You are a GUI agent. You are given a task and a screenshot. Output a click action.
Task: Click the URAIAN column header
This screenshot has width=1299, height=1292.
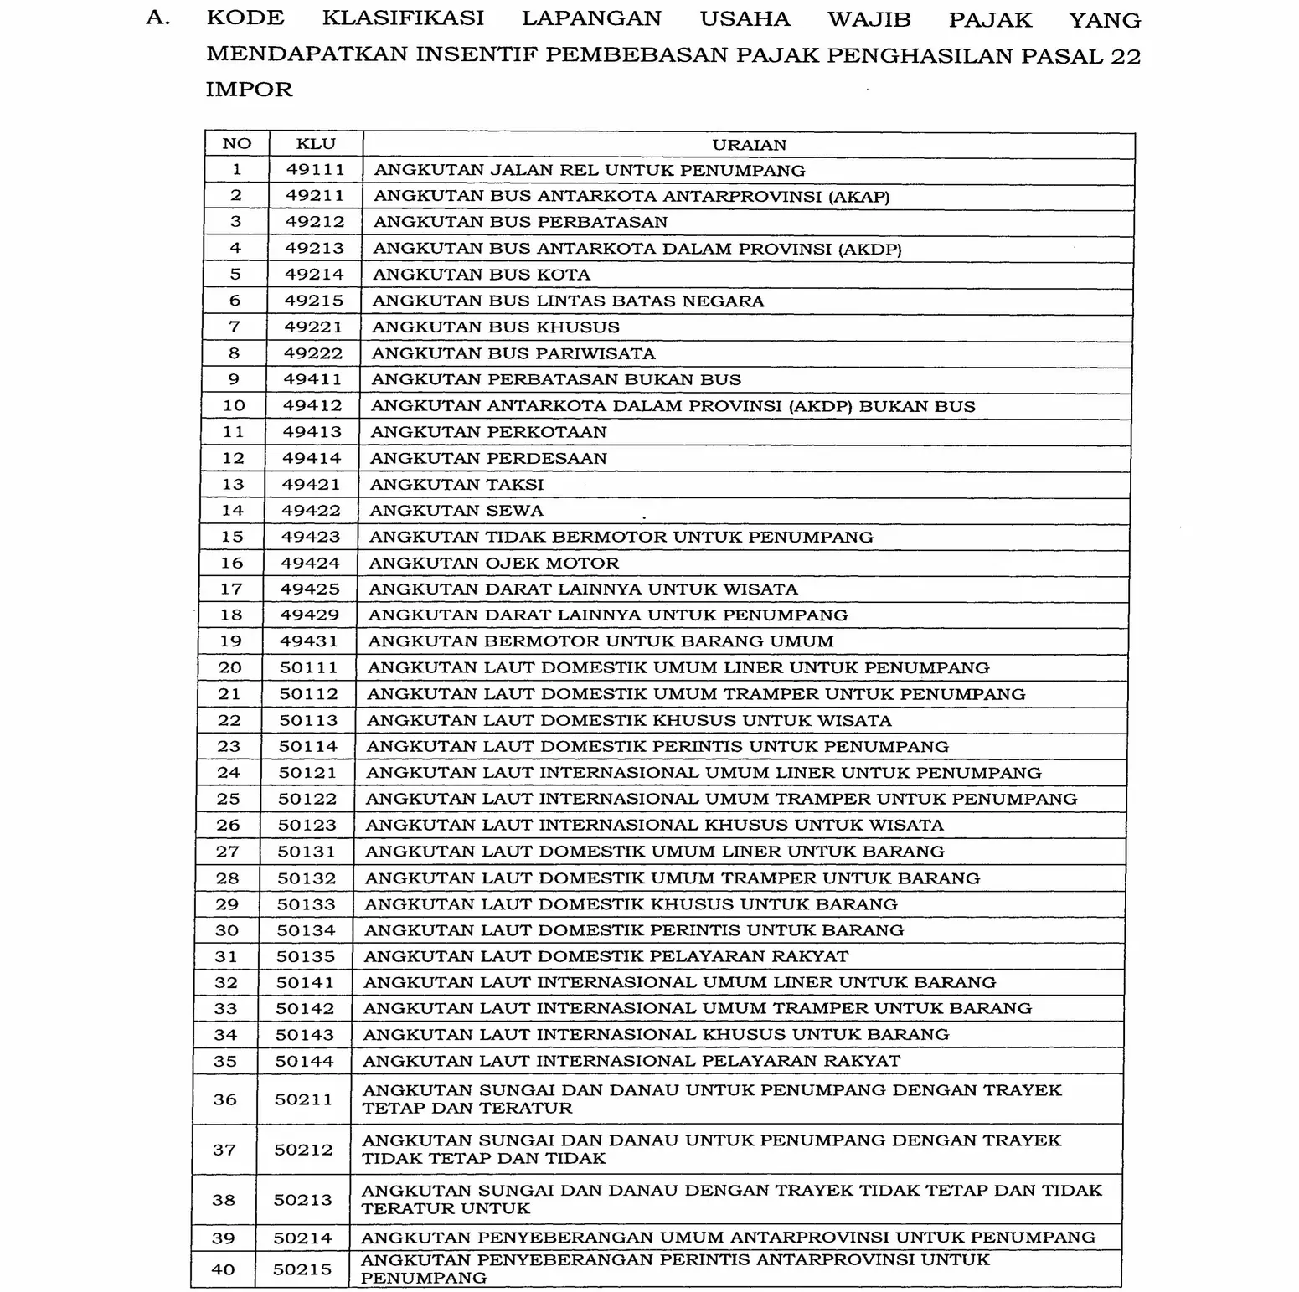(x=749, y=145)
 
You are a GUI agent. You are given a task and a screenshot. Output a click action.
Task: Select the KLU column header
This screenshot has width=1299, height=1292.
(x=316, y=144)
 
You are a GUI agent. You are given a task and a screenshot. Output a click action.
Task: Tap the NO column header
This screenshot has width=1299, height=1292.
(x=237, y=144)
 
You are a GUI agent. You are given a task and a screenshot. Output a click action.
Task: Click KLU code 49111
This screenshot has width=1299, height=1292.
(x=316, y=170)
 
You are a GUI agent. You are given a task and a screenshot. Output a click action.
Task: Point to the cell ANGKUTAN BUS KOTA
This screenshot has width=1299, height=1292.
(x=482, y=275)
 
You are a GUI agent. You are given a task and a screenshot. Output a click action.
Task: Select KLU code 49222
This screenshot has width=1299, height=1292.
(x=313, y=353)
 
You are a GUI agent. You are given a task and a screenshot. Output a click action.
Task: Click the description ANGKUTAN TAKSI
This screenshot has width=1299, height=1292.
(x=457, y=485)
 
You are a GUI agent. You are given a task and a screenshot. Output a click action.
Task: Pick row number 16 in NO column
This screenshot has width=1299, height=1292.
(x=232, y=564)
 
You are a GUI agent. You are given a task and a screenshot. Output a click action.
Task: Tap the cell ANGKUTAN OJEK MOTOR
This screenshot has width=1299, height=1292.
(x=494, y=564)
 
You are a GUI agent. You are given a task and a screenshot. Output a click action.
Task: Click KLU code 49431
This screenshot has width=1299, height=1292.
(x=310, y=641)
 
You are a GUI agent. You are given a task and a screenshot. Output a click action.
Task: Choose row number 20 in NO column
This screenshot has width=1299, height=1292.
(x=230, y=668)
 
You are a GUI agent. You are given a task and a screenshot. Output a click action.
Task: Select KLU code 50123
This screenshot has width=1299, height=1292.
(x=307, y=826)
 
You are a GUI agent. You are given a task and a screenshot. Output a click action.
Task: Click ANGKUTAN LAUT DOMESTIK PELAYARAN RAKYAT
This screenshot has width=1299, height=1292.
(x=606, y=956)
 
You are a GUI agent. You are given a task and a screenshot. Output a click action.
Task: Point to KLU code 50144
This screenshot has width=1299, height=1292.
(x=305, y=1062)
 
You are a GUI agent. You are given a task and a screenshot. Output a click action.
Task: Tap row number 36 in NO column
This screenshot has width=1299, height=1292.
(x=225, y=1099)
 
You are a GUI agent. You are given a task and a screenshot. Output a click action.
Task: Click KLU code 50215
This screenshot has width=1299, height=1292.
(x=302, y=1269)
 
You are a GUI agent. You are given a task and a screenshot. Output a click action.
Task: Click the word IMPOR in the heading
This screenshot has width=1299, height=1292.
(x=250, y=90)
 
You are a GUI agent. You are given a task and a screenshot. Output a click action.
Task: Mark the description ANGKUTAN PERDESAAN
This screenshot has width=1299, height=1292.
(x=488, y=459)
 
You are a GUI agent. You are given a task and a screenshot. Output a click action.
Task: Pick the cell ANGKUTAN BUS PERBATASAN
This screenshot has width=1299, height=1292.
(x=520, y=223)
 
